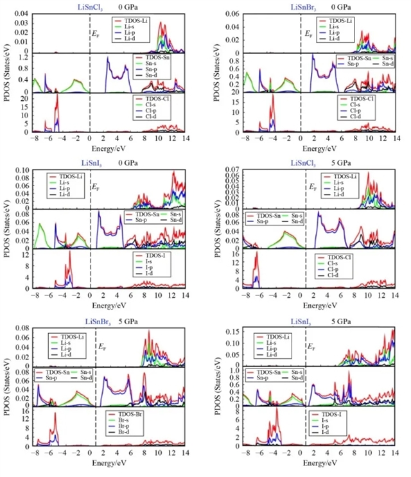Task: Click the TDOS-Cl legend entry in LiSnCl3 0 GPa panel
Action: click(152, 99)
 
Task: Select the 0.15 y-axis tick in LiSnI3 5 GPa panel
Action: click(231, 331)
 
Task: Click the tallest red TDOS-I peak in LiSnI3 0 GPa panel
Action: click(69, 252)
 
